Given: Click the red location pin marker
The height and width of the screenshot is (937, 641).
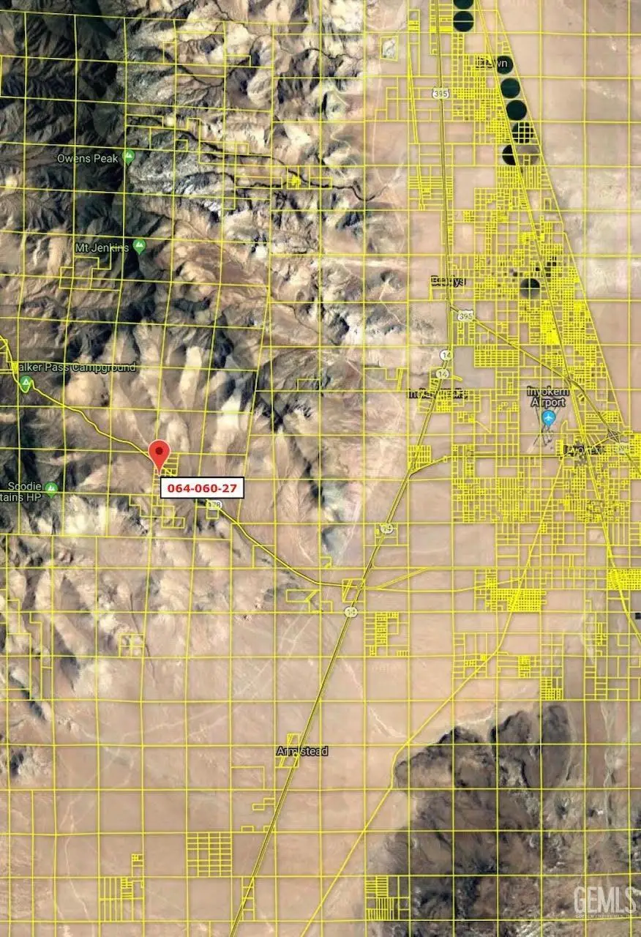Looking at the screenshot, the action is [x=159, y=454].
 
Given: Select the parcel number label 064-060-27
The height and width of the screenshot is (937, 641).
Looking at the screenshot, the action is [x=202, y=488].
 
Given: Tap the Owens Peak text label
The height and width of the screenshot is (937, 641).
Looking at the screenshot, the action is [x=89, y=157].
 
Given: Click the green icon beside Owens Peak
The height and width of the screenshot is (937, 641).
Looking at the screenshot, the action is [x=129, y=156].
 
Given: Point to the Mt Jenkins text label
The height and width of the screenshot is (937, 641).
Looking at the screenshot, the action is [x=102, y=247].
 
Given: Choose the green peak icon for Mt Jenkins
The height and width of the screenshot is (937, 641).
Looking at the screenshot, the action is [x=139, y=246].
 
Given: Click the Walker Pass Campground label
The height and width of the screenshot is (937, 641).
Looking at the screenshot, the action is [x=73, y=367].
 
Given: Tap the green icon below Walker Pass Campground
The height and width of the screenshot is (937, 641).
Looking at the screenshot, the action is [x=26, y=383].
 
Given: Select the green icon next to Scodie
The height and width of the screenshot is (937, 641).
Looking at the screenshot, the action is [x=50, y=488].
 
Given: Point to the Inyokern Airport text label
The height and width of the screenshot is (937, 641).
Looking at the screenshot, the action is [x=547, y=397].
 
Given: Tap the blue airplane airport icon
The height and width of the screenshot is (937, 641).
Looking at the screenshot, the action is [x=549, y=418].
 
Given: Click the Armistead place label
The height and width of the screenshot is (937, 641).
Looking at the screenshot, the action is [x=302, y=751].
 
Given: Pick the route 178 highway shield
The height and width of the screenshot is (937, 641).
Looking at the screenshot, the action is [x=214, y=505].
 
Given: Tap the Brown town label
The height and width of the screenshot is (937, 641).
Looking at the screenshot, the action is [x=491, y=64].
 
